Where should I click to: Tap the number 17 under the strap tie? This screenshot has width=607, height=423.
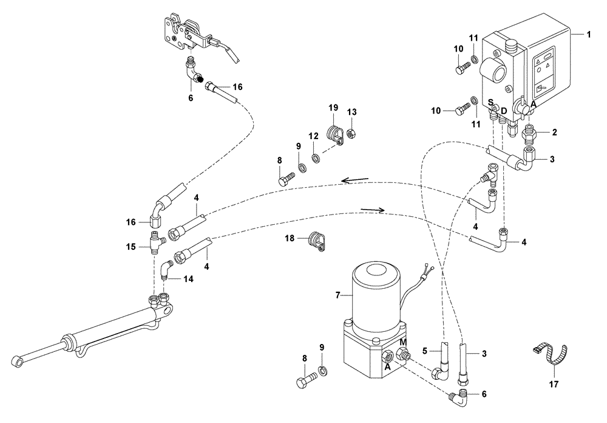(552, 384)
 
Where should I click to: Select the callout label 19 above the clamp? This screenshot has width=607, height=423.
(333, 108)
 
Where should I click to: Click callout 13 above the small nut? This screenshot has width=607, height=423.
(352, 112)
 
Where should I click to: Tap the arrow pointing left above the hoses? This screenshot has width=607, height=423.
(354, 180)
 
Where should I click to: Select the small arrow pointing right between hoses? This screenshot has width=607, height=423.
(373, 210)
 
